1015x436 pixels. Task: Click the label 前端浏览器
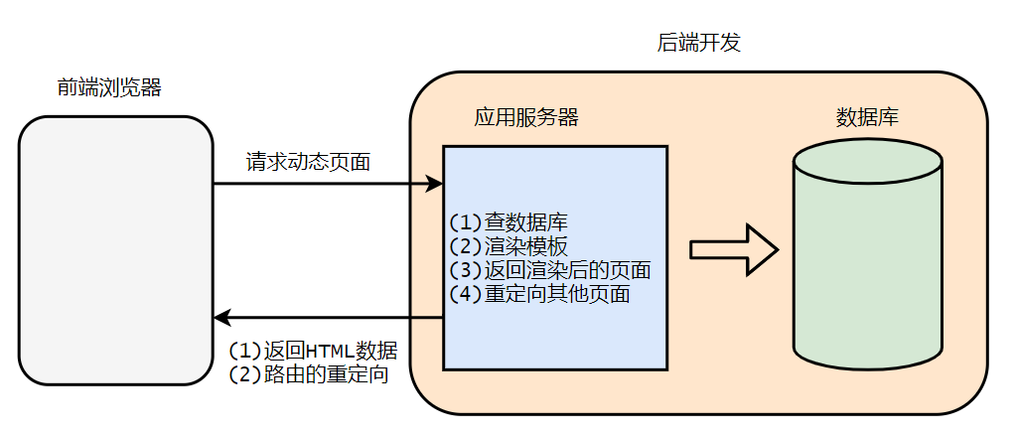click(109, 88)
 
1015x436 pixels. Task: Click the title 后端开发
click(699, 44)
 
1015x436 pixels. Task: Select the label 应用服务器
click(526, 118)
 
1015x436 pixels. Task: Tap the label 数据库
click(867, 118)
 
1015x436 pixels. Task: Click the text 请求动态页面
click(308, 162)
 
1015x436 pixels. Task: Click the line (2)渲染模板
click(507, 245)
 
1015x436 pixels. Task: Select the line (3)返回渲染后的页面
click(549, 270)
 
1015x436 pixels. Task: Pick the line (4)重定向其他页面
click(539, 294)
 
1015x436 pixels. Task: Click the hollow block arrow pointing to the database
click(733, 248)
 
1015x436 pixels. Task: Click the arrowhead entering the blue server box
click(434, 184)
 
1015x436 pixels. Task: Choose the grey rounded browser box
click(115, 250)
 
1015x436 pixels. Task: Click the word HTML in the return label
click(329, 351)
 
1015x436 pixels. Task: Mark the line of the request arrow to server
click(318, 184)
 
